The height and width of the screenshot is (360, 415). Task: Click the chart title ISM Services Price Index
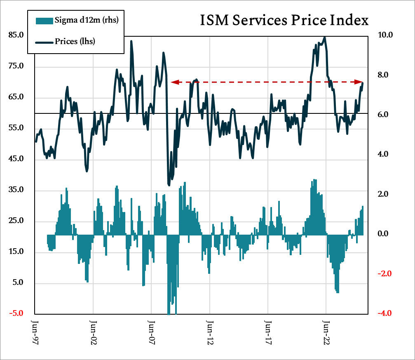click(x=284, y=20)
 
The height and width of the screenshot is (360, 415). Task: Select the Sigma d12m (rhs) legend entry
click(x=87, y=20)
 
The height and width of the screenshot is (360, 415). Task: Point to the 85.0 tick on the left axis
click(x=16, y=35)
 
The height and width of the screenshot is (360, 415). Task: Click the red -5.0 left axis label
click(x=16, y=313)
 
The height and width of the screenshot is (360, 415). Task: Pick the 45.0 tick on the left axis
click(x=16, y=159)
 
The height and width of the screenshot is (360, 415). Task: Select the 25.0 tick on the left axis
click(x=16, y=221)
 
